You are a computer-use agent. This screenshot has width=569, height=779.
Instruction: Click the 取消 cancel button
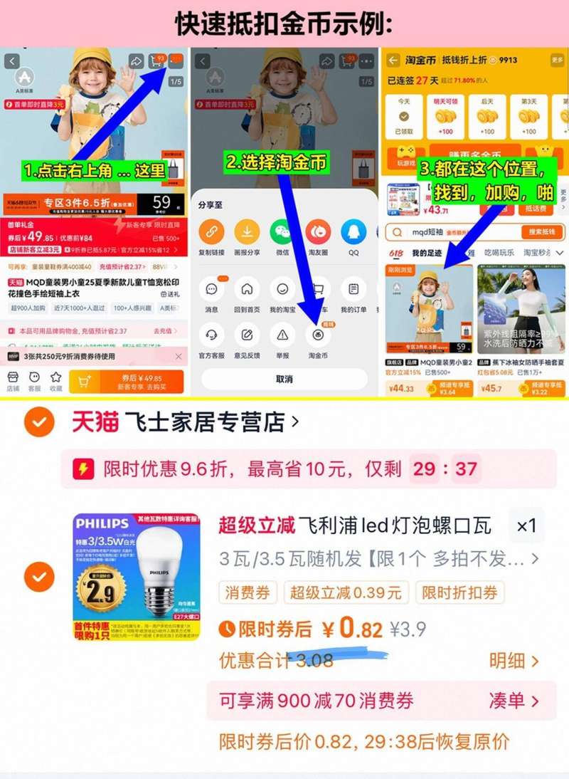284,379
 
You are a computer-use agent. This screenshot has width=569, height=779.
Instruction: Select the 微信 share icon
282,232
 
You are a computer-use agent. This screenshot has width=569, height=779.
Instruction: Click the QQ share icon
353,232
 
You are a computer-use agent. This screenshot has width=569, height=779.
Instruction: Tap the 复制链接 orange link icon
211,232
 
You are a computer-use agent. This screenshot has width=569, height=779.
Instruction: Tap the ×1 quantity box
526,526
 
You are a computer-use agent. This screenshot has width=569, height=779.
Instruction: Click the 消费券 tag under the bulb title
248,592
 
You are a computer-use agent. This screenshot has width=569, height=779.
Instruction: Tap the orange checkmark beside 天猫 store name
39,423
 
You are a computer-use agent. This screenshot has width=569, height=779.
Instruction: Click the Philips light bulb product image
136,576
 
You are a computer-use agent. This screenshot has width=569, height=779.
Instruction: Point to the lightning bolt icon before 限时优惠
84,469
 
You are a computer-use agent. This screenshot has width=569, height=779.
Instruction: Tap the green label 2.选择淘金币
277,162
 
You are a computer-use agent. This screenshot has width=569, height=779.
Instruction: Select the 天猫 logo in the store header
95,422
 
